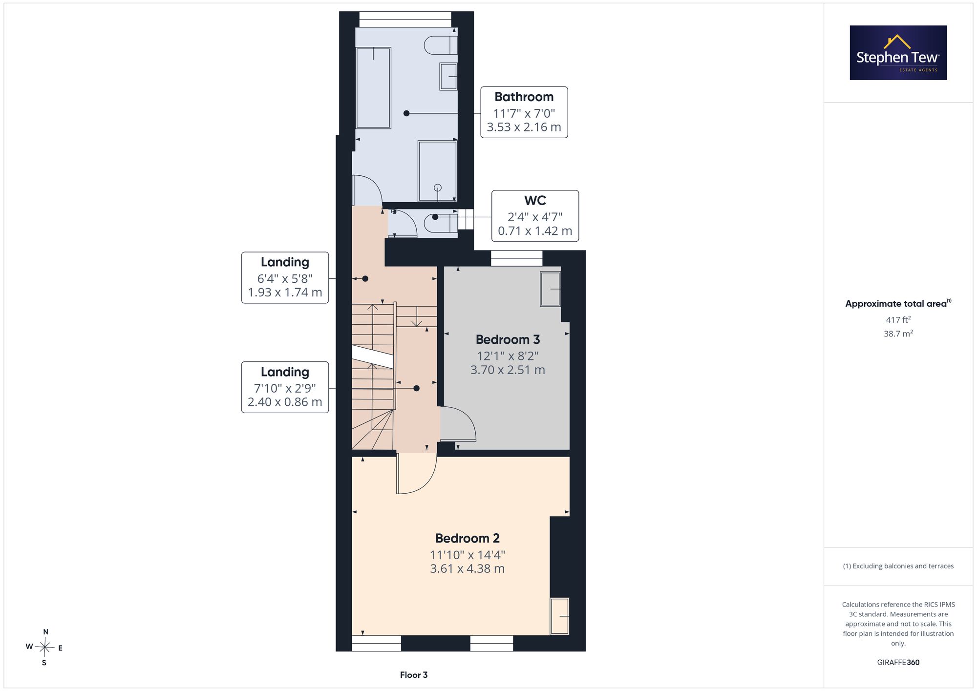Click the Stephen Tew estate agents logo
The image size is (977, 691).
[x=898, y=53]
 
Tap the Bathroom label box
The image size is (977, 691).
[x=524, y=112]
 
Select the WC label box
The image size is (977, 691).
[x=535, y=216]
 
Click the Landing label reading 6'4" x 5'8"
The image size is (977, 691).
[x=285, y=277]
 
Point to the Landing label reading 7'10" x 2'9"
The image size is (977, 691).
[x=285, y=387]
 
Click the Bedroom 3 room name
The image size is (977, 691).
[x=508, y=339]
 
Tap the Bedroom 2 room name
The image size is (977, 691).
[x=467, y=538]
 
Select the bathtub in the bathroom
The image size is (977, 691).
[x=374, y=88]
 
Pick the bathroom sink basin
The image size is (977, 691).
[x=448, y=77]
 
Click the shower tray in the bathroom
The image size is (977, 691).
[x=437, y=171]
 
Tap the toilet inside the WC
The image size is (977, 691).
[x=441, y=223]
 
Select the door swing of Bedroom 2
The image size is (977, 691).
[x=416, y=474]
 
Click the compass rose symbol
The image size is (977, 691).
[x=44, y=648]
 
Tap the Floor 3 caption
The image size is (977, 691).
[x=414, y=675]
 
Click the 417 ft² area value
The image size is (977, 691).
[x=898, y=320]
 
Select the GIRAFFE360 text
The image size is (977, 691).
[x=898, y=663]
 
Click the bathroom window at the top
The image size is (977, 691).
[x=405, y=20]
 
